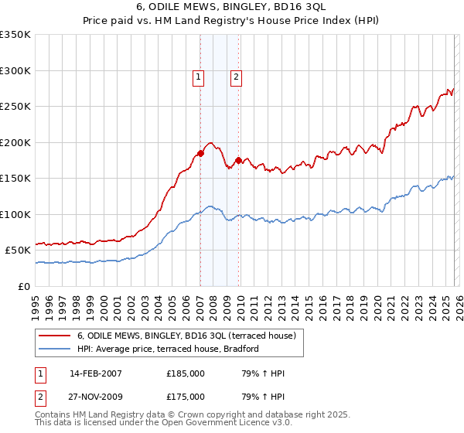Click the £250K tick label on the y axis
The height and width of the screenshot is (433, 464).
point(15,107)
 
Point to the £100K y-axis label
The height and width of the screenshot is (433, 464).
point(15,214)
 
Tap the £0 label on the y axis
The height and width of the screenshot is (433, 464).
point(24,286)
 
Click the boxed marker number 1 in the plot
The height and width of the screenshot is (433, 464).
point(199,77)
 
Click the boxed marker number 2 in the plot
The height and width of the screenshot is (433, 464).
point(235,77)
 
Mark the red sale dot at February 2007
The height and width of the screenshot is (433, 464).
point(200,153)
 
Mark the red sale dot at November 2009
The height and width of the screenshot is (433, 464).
point(238,160)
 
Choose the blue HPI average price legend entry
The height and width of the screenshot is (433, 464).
point(167,349)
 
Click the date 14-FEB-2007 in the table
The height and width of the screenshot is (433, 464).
point(95,373)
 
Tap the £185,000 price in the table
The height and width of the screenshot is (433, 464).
point(186,373)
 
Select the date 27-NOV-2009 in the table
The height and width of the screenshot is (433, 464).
point(95,396)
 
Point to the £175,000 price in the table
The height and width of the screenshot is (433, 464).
point(186,396)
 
